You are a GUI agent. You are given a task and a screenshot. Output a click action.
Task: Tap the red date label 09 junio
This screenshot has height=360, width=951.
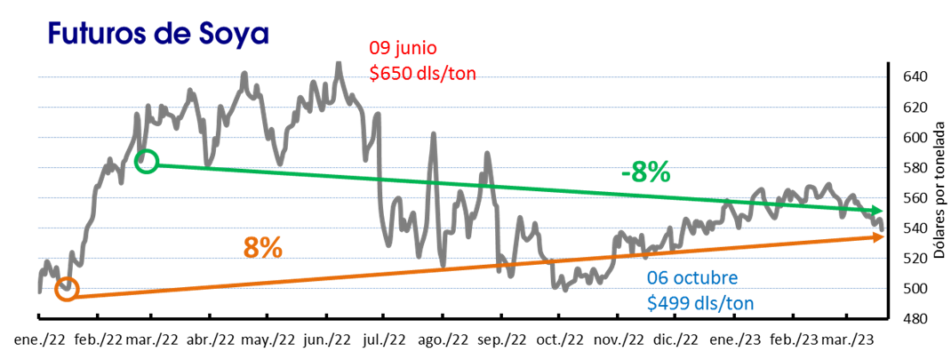click(404, 48)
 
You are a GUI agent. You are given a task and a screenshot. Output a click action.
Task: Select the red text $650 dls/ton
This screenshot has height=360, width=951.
click(422, 73)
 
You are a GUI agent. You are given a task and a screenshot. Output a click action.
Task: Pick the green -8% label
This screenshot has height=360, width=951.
click(645, 173)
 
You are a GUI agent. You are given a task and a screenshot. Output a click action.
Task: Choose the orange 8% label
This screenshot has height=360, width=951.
click(263, 248)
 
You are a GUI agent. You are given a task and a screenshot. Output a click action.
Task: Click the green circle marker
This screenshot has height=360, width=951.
click(148, 162)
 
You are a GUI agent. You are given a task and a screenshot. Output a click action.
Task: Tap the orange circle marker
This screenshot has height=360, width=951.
click(67, 289)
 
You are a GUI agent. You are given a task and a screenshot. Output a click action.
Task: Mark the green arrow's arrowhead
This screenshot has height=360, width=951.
click(880, 213)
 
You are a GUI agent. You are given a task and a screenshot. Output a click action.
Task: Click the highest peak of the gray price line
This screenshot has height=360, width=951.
click(339, 64)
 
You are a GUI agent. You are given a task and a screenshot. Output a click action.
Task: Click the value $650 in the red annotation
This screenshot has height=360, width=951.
click(390, 73)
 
